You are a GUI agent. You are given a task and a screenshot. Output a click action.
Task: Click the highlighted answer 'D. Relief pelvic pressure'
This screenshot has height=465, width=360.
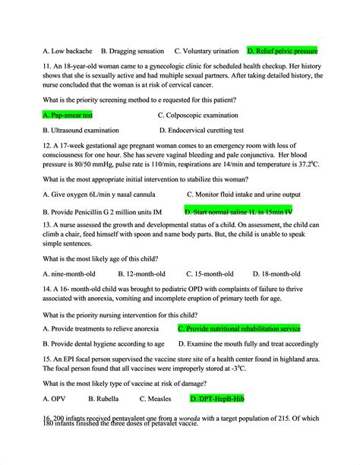click(283, 51)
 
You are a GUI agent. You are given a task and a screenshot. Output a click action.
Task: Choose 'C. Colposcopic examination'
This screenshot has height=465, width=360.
click(204, 115)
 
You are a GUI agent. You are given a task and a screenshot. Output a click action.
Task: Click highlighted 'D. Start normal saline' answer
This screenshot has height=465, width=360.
click(238, 210)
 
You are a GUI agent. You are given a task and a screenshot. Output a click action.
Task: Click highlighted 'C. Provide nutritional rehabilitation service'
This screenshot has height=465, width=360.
click(239, 328)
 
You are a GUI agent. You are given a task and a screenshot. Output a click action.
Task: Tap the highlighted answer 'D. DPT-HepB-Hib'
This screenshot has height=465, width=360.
click(217, 397)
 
